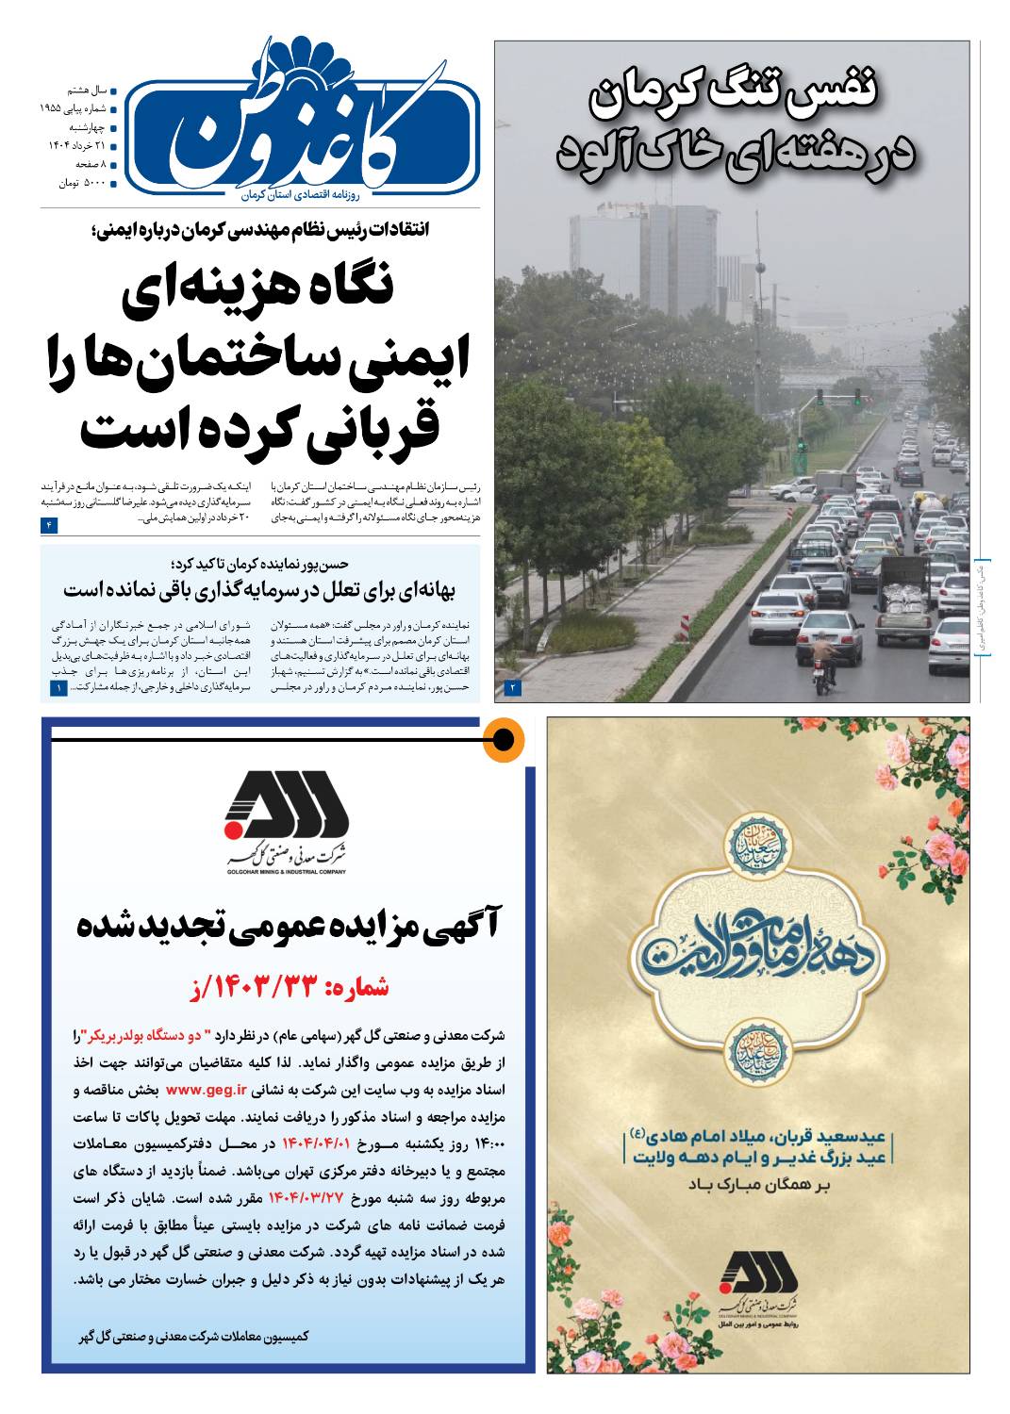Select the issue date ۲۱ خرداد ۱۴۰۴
pos(77,145)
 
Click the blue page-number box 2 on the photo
pos(513,687)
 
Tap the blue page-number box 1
pos(58,689)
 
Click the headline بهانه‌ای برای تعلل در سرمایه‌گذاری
pos(259,591)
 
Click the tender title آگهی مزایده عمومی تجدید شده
pos(289,924)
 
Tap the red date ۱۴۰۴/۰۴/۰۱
pos(316,1143)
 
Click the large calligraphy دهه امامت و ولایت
pos(758,946)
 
